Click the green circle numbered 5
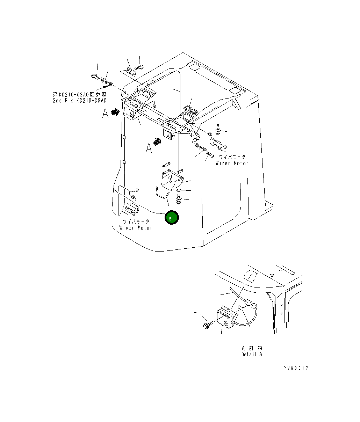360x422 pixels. [x=171, y=218]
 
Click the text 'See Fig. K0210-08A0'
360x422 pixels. [x=79, y=101]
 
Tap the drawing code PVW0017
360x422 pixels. [x=296, y=368]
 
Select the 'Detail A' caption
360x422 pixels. [x=252, y=354]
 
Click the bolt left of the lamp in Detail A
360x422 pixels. [x=206, y=325]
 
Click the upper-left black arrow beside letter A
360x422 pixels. [x=115, y=112]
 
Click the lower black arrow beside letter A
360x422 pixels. [x=158, y=141]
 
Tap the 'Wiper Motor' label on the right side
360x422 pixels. [x=232, y=163]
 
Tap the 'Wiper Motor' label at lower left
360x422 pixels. [x=136, y=228]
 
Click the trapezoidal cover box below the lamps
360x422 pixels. [x=171, y=181]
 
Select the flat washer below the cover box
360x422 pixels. [x=179, y=190]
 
